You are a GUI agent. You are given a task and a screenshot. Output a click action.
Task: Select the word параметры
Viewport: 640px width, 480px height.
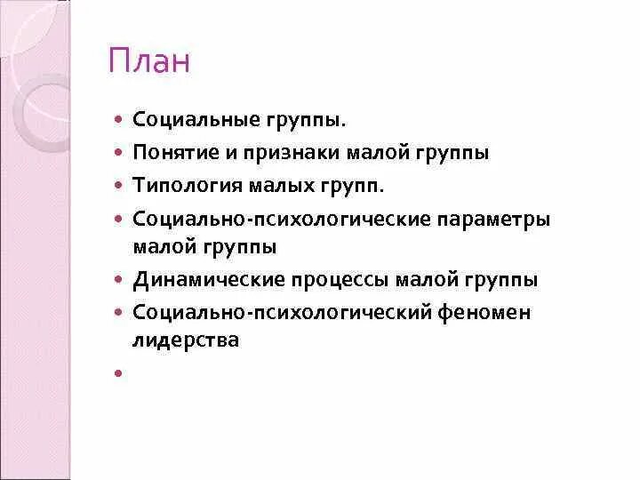[496, 218]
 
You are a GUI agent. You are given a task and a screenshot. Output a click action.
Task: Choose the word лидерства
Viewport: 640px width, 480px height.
[186, 339]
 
